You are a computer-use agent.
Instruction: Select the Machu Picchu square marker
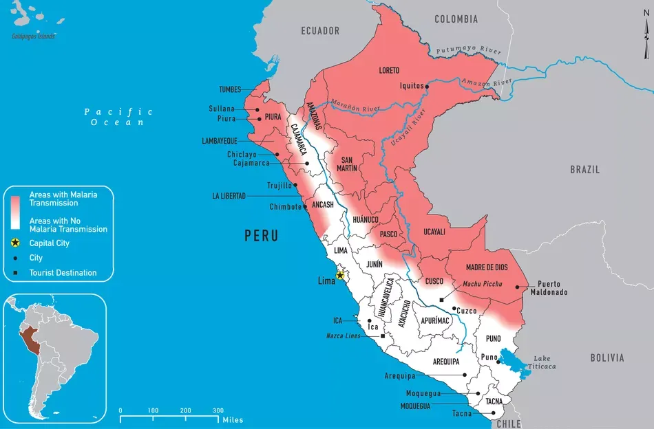[441, 300]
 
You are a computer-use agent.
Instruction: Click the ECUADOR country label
[320, 31]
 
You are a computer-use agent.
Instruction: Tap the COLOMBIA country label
[456, 19]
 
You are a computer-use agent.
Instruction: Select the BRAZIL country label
[584, 169]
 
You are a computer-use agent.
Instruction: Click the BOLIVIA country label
[606, 357]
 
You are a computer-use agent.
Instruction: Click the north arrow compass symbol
[646, 40]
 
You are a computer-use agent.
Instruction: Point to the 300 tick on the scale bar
[218, 411]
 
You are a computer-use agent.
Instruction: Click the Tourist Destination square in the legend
[14, 273]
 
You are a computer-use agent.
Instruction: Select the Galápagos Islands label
[33, 36]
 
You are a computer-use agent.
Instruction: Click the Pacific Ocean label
[118, 116]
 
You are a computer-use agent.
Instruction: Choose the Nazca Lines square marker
[383, 336]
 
